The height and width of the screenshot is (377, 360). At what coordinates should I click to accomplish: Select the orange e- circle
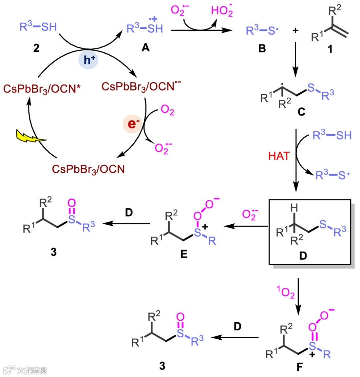132,124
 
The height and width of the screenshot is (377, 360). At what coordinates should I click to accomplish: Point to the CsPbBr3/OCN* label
42,89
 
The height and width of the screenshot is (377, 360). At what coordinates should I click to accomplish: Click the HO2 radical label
222,11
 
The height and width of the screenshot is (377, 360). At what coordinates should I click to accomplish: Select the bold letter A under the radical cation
145,48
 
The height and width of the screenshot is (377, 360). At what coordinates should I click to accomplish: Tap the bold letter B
262,49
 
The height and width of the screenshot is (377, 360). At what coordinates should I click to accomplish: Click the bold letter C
301,112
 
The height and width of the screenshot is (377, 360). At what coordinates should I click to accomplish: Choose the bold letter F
300,367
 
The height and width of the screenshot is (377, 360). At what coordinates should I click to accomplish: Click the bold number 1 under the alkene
330,49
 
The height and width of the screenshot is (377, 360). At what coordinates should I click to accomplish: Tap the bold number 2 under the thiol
36,48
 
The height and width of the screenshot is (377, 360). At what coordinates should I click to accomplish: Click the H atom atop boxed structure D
293,208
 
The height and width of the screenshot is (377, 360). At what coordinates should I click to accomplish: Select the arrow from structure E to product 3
127,224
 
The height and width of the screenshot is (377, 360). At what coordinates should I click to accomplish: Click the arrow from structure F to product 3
235,337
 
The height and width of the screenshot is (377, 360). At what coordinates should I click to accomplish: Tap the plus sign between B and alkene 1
295,31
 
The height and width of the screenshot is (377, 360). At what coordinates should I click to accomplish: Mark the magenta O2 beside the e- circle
167,110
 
